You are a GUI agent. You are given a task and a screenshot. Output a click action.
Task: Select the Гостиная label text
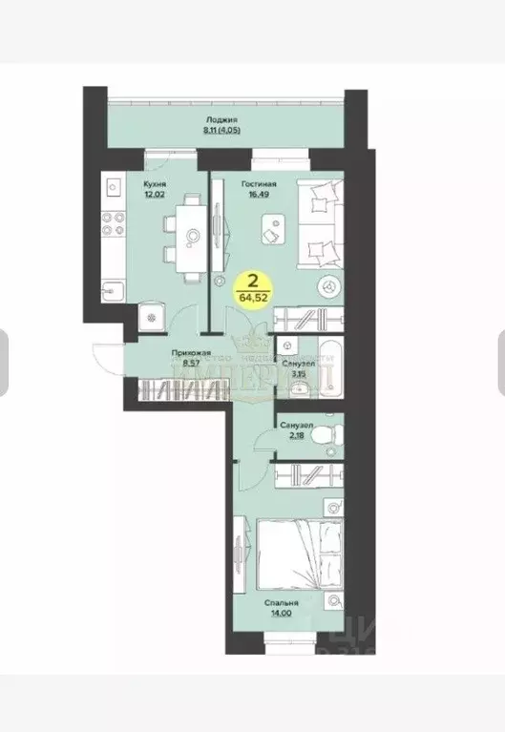pos(259,184)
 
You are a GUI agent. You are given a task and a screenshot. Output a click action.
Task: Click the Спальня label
pos(284,603)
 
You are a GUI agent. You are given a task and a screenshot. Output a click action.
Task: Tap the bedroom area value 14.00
pos(284,616)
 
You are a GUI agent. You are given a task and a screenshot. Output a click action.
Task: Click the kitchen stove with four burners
pos(114,223)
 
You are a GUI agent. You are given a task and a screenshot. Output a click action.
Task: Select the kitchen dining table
pos(191,234)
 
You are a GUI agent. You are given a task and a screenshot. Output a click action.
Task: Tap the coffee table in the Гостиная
pos(274,227)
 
